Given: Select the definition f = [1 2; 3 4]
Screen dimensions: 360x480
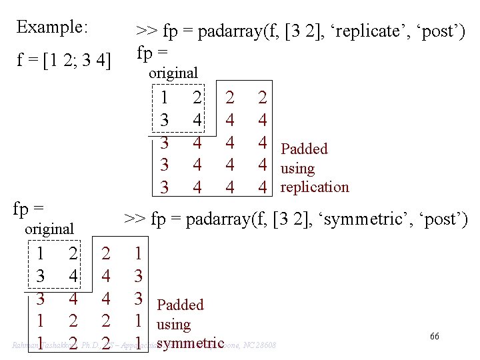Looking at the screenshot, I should coord(63,62).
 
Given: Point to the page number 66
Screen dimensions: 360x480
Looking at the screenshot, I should coord(434,337).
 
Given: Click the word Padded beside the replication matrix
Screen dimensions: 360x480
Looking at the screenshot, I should coord(304,149).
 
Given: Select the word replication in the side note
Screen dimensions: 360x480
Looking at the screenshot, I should coord(315,187).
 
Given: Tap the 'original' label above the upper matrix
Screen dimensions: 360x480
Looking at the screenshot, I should coord(173,73).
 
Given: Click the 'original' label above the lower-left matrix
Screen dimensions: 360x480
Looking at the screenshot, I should coord(49,229).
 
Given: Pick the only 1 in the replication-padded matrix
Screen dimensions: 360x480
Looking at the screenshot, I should coord(164,99).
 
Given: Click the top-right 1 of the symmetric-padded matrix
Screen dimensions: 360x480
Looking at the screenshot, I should coord(137,254).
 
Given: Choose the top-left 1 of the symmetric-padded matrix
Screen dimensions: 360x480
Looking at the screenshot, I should coord(41,254).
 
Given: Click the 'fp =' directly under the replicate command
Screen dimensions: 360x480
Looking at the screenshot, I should coord(152,52).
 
